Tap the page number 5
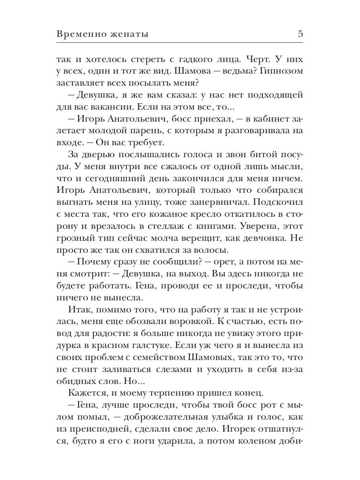click(x=300, y=34)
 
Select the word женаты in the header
click(x=129, y=34)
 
